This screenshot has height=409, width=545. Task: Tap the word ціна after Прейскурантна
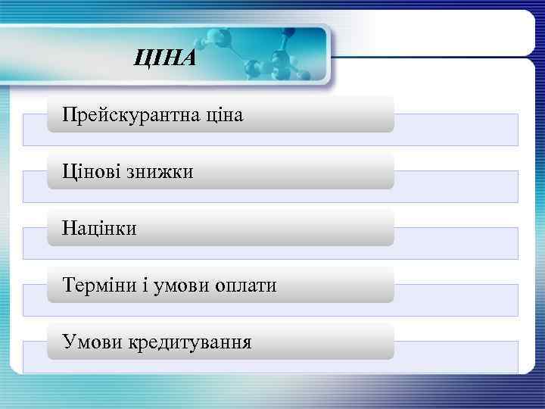tap(224, 116)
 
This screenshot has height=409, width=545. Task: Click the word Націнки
tap(100, 229)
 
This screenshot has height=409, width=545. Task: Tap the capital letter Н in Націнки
tap(69, 229)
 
